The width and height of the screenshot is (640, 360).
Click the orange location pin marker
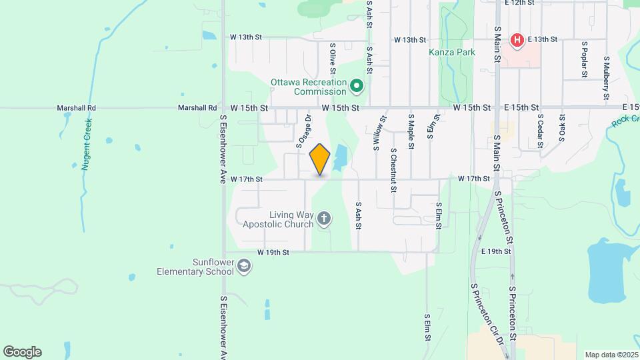[320, 159]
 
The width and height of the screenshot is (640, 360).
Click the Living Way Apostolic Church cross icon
[324, 219]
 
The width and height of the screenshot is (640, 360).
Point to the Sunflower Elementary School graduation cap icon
[245, 267]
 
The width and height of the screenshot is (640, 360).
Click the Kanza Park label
[452, 52]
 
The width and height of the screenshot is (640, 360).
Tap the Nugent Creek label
[86, 144]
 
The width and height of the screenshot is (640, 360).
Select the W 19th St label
[274, 253]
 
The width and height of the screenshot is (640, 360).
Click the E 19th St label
[495, 251]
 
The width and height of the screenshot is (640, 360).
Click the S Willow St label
[379, 135]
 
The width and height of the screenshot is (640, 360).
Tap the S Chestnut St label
[394, 171]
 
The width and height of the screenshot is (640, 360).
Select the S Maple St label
[411, 131]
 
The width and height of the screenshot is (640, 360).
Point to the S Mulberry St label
[606, 77]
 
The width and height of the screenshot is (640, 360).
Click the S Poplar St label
[584, 59]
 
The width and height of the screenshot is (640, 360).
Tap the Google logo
[22, 352]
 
